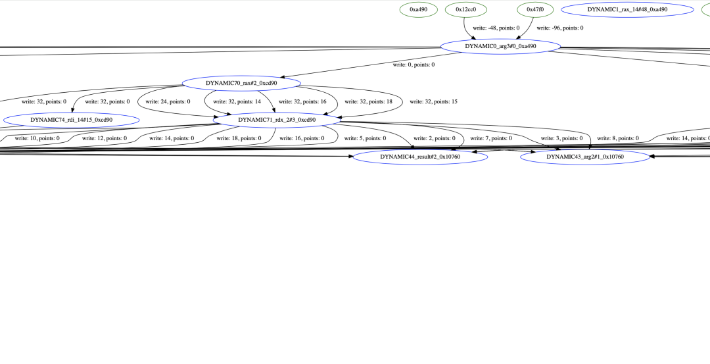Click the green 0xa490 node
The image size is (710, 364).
(x=419, y=10)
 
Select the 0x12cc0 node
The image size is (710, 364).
(x=465, y=10)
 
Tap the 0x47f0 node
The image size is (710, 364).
(x=535, y=10)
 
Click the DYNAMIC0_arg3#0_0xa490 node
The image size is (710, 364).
(x=500, y=47)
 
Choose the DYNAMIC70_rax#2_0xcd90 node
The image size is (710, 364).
(x=241, y=84)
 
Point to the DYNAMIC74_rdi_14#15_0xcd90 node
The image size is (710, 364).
(x=71, y=120)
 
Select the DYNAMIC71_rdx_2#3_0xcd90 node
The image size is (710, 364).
(x=277, y=120)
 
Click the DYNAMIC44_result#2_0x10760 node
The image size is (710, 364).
(x=420, y=157)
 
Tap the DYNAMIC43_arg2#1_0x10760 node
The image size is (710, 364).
(x=585, y=157)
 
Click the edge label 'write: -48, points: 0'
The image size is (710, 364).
(x=496, y=28)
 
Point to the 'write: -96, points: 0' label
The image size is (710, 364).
(x=559, y=28)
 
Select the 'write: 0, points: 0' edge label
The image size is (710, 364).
(x=414, y=65)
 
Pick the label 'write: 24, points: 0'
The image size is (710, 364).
(x=168, y=102)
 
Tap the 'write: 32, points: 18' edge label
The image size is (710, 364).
(x=368, y=102)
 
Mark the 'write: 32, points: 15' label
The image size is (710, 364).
(x=433, y=102)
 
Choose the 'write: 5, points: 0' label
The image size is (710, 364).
(x=365, y=139)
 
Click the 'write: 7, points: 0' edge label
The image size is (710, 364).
(x=490, y=139)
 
